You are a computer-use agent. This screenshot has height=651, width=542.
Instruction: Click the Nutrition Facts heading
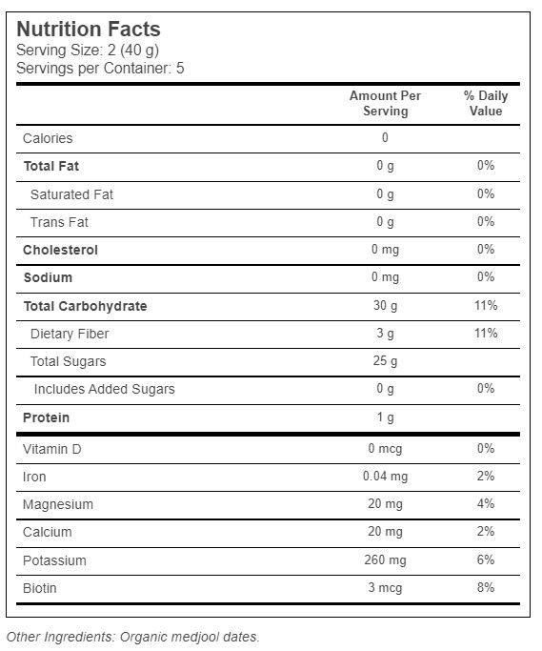point(89,30)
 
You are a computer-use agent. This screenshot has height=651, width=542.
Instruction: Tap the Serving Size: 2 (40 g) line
point(88,51)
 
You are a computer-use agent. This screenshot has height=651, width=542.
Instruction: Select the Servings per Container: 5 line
point(100,68)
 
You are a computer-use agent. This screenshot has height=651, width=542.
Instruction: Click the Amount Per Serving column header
point(385,103)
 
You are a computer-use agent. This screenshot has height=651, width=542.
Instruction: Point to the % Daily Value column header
point(486,103)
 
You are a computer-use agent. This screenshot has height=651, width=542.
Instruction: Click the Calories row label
point(48,138)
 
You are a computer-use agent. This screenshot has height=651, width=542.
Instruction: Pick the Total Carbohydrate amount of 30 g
point(385,306)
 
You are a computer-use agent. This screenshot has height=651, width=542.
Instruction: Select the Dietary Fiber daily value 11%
point(486,333)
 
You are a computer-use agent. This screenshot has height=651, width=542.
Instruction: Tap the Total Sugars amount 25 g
point(385,361)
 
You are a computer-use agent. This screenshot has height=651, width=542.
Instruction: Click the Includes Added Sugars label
point(104,389)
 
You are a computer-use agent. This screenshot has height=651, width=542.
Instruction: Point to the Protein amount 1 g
point(386,417)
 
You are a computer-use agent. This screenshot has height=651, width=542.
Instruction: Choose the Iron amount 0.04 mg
point(385,477)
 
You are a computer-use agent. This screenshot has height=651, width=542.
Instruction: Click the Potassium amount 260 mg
point(385,560)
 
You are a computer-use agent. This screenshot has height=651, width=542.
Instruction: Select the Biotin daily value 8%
point(486,587)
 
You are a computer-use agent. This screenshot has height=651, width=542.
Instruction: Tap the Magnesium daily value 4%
point(486,503)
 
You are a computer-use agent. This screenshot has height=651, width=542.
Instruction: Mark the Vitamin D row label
point(51,449)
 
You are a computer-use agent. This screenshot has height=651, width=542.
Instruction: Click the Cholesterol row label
point(60,250)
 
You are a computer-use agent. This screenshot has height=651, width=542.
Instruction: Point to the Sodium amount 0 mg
point(385,277)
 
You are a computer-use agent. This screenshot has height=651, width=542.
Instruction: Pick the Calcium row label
point(48,532)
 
